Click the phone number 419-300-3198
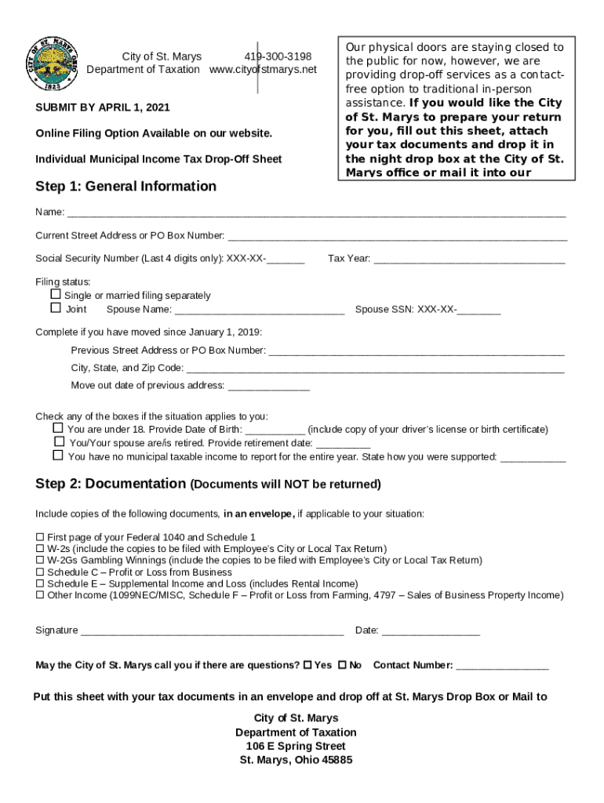278,56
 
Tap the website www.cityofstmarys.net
263,70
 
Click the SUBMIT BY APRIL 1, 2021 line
103,107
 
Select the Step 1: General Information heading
126,186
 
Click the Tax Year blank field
469,260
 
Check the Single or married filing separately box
56,295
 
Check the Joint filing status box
56,308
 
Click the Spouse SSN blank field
478,311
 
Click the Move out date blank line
268,387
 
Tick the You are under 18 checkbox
58,428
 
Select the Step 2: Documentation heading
111,484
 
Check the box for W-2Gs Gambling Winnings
40,561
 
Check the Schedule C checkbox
40,572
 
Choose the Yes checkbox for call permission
307,665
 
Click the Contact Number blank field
502,667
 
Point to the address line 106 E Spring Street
296,746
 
